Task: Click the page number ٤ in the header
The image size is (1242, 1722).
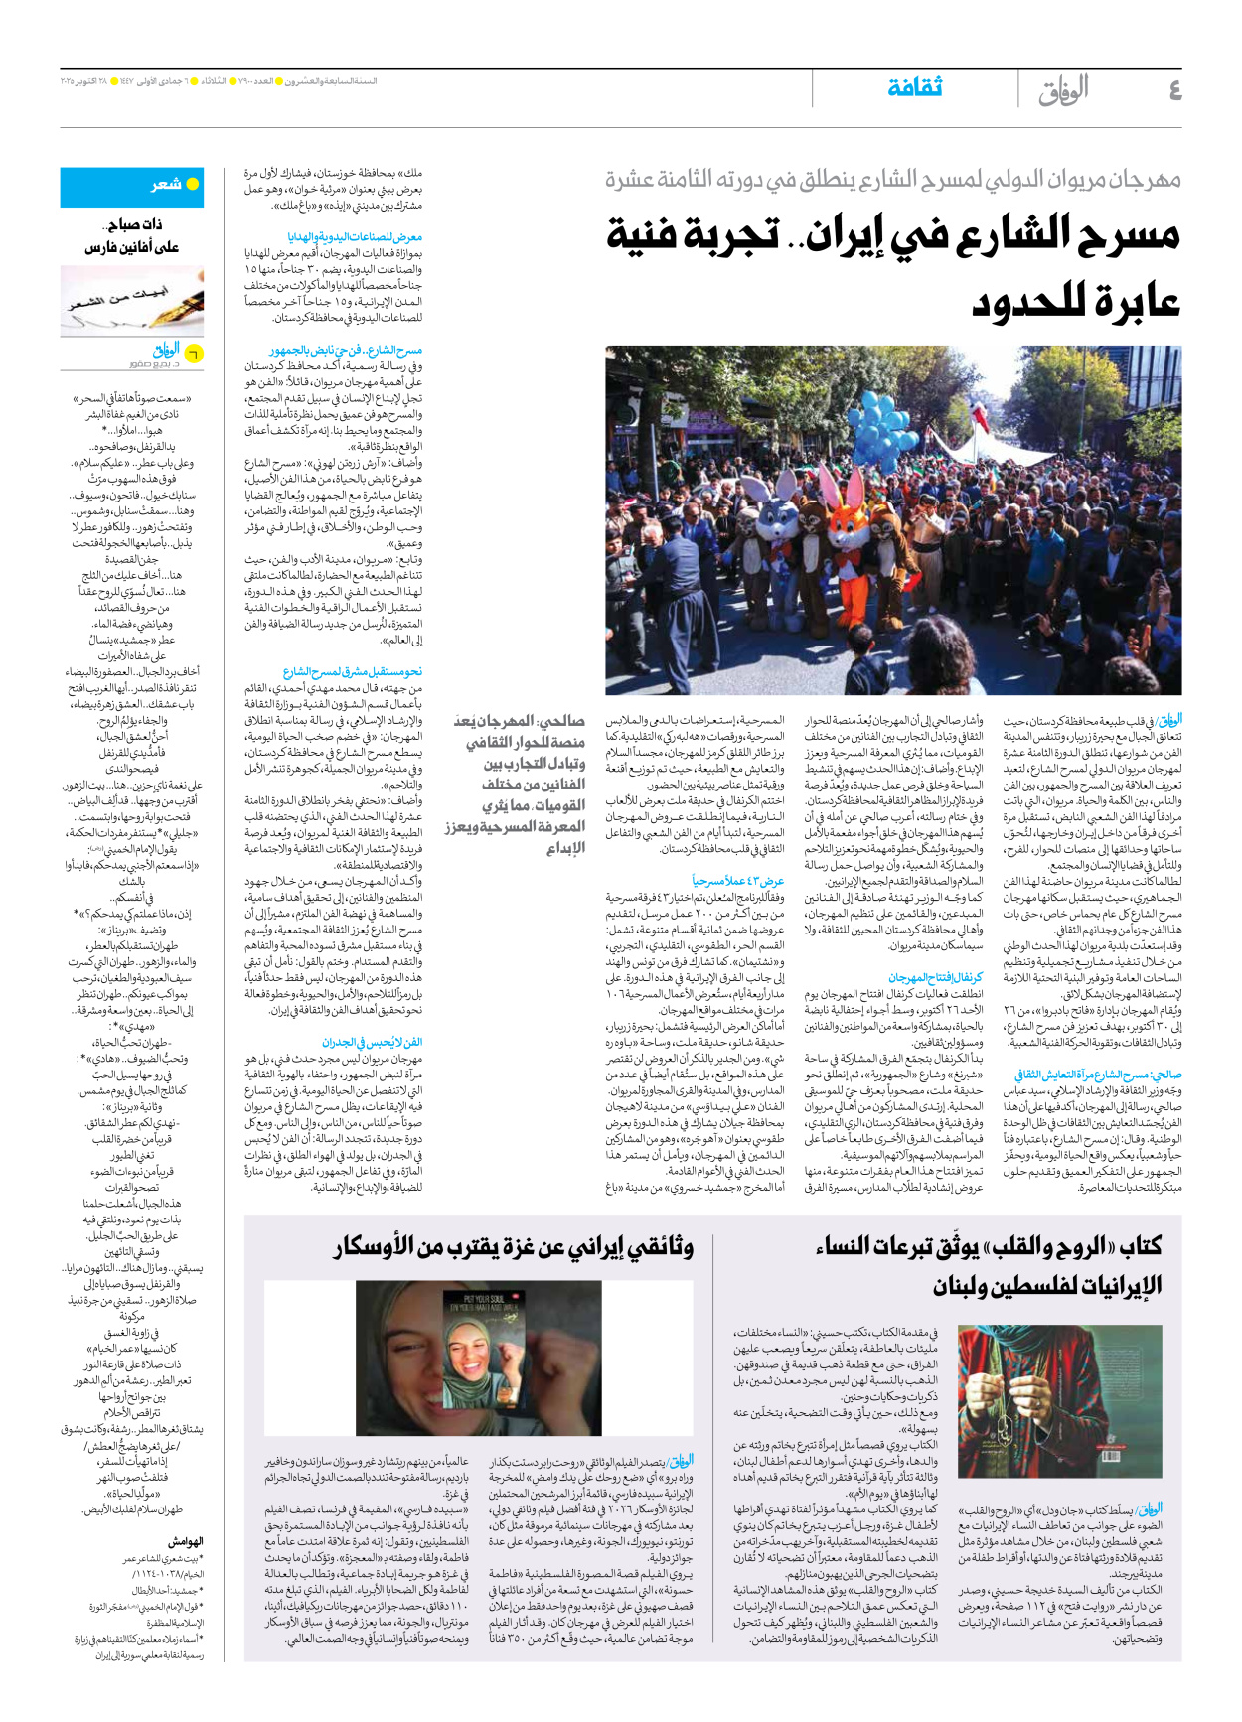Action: pos(1174,91)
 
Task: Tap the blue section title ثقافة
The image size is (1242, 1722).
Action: pos(914,87)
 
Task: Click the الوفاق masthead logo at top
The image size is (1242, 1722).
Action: pos(1063,91)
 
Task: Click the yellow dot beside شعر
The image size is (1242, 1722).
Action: pos(193,184)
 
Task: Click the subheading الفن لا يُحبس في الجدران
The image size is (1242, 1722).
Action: pos(372,1042)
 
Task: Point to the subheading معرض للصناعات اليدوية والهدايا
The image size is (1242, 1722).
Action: pos(355,237)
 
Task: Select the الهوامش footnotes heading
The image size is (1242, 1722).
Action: pos(185,1541)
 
